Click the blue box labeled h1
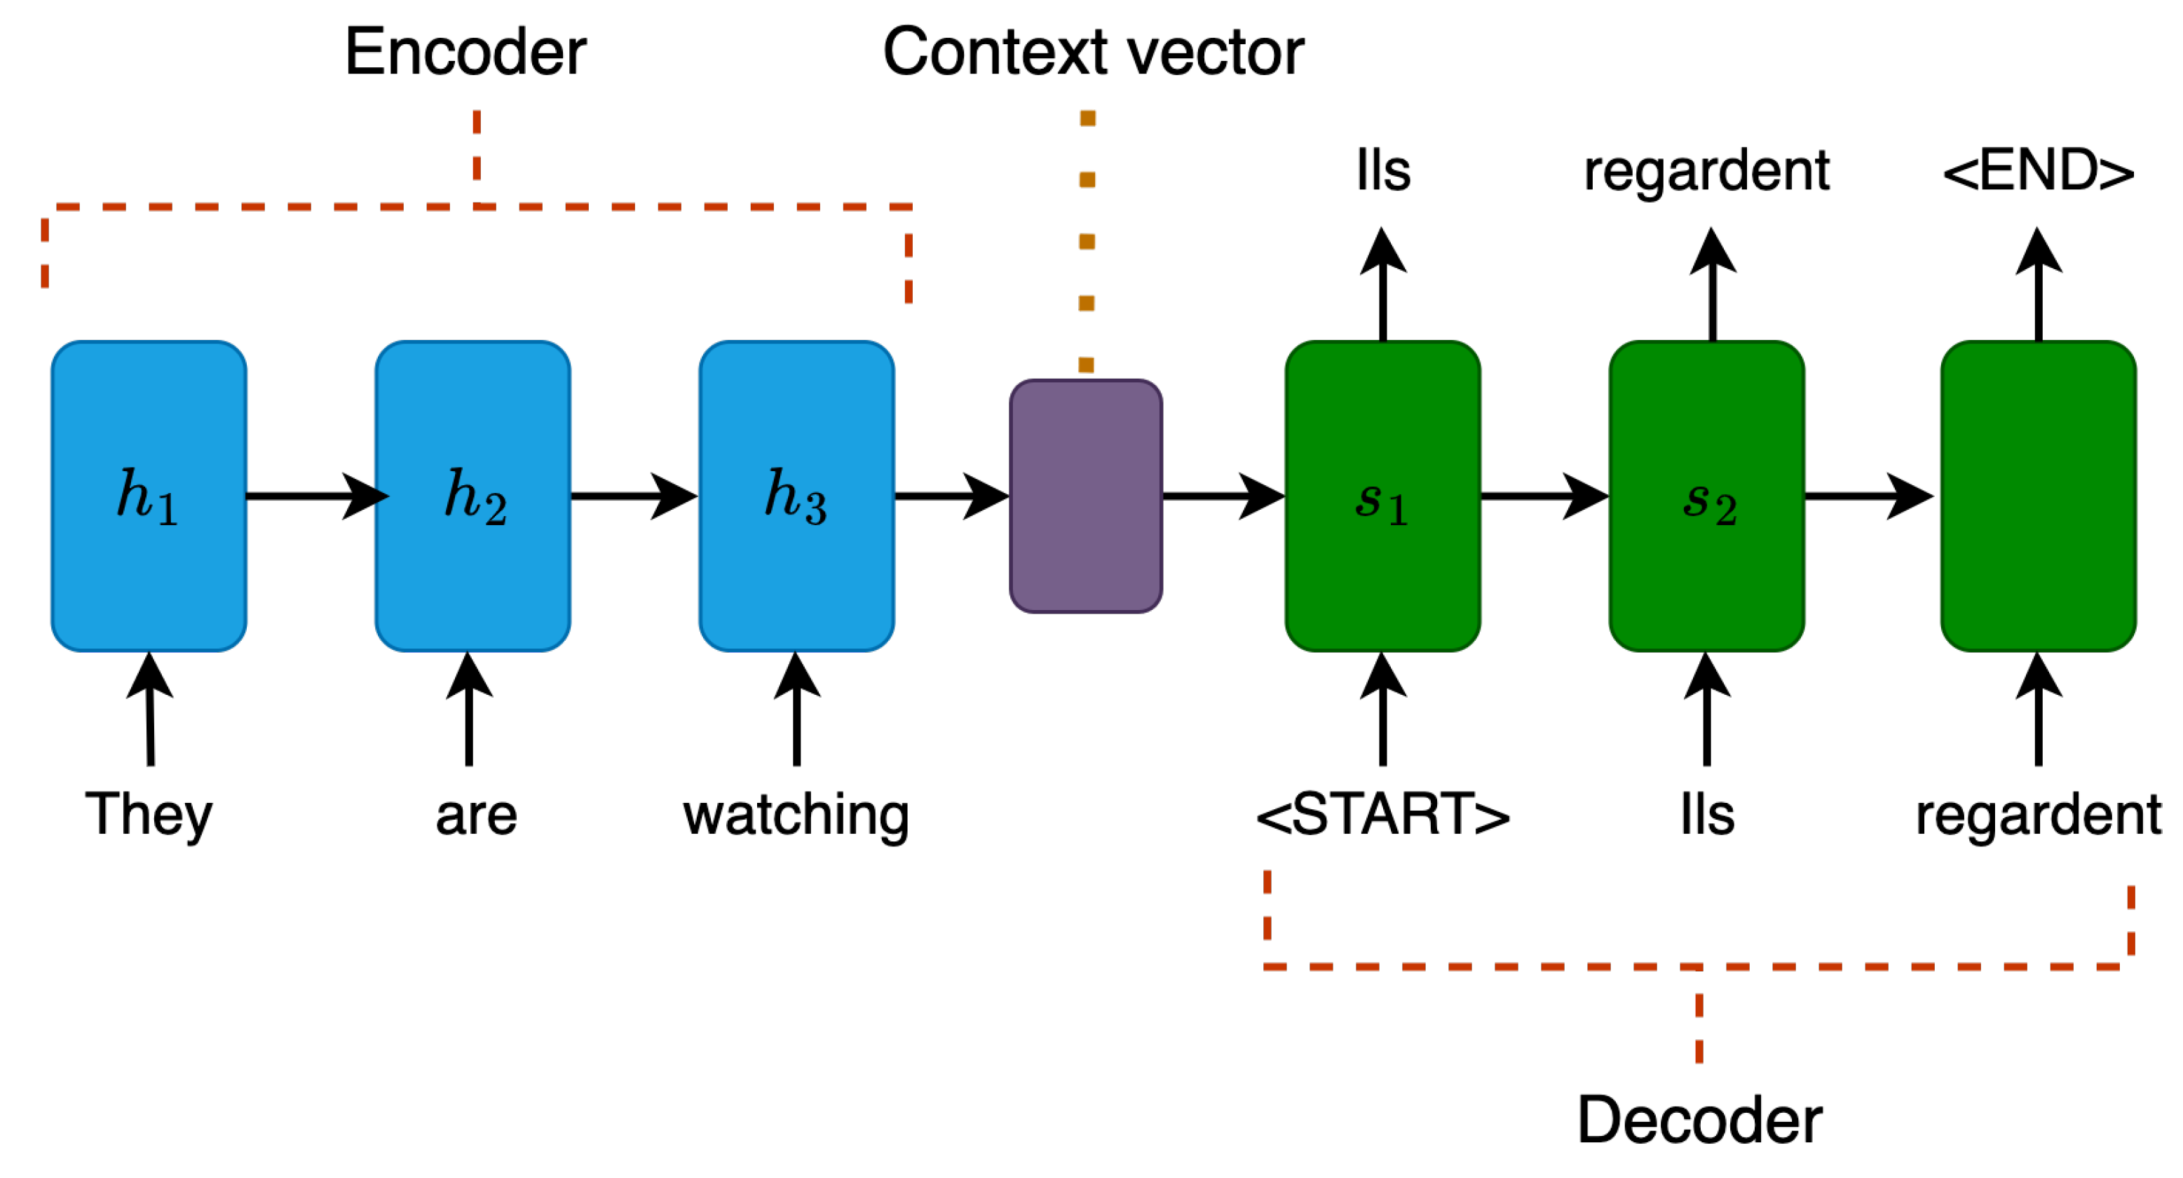pyautogui.click(x=149, y=496)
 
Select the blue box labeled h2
pyautogui.click(x=473, y=496)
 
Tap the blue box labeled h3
pyautogui.click(x=796, y=496)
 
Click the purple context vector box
pyautogui.click(x=1086, y=496)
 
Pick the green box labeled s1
pyautogui.click(x=1383, y=496)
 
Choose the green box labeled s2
pyautogui.click(x=1707, y=496)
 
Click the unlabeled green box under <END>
pyautogui.click(x=2038, y=496)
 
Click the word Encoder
pyautogui.click(x=465, y=53)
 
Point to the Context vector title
pyautogui.click(x=1093, y=53)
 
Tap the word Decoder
pyautogui.click(x=1699, y=1121)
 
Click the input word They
pyautogui.click(x=149, y=815)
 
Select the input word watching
pyautogui.click(x=796, y=815)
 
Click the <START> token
pyautogui.click(x=1383, y=815)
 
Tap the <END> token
pyautogui.click(x=2038, y=171)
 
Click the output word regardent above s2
pyautogui.click(x=1707, y=171)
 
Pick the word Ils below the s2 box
pyautogui.click(x=1707, y=815)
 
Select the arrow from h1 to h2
pyautogui.click(x=313, y=496)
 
